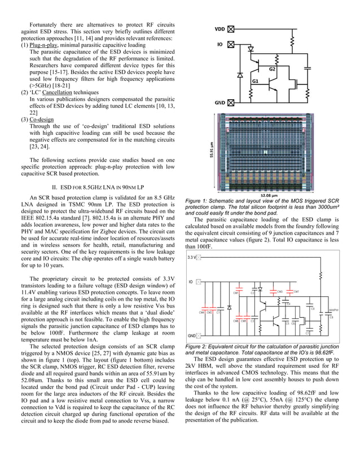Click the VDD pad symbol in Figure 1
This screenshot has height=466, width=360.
pos(230,29)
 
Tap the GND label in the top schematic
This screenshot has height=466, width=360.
pos(221,103)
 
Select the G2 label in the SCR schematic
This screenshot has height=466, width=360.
pos(272,69)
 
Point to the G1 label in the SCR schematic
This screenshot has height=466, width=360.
pos(255,81)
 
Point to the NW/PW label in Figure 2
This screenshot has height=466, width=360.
pos(333,310)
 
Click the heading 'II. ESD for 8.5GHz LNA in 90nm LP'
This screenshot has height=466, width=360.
pos(98,186)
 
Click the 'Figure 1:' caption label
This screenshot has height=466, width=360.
pos(197,200)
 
